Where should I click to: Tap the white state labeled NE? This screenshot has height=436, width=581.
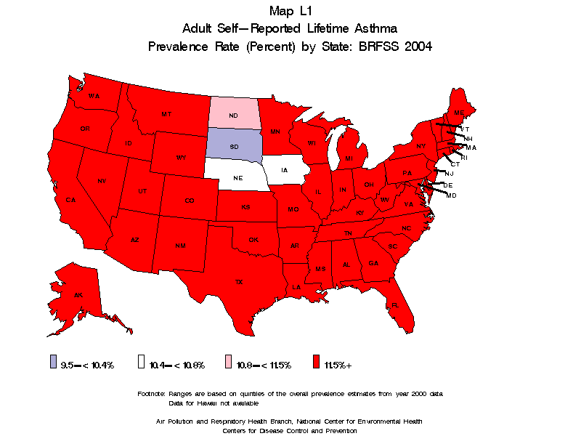[237, 177]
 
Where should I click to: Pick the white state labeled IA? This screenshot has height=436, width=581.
[284, 171]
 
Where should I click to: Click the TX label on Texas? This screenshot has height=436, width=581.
[238, 281]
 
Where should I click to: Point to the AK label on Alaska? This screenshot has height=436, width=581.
[78, 295]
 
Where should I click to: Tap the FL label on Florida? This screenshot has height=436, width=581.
[395, 305]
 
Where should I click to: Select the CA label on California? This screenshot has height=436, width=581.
[71, 200]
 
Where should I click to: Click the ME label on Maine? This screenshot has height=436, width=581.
[458, 113]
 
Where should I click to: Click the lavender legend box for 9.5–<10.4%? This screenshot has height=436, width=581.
[54, 363]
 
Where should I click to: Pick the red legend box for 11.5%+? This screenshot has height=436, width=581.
[315, 363]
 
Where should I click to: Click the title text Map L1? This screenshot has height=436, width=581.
[290, 11]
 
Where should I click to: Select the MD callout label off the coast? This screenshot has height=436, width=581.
[451, 195]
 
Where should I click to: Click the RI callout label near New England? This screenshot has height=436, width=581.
[464, 157]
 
